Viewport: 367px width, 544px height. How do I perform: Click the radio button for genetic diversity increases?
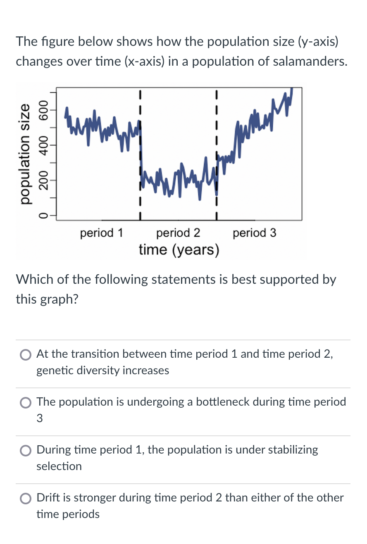point(26,355)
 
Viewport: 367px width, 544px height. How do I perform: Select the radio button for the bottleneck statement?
point(26,403)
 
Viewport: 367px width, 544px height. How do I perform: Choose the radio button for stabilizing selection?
point(26,451)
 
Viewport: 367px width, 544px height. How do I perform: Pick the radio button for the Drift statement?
point(26,499)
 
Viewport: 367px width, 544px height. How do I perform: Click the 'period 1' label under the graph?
point(102,233)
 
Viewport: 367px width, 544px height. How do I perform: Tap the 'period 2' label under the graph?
point(178,233)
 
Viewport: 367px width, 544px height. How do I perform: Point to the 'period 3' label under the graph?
point(255,233)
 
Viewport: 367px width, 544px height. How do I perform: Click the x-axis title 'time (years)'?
point(179,250)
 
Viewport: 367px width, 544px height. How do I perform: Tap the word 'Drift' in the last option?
point(48,498)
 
